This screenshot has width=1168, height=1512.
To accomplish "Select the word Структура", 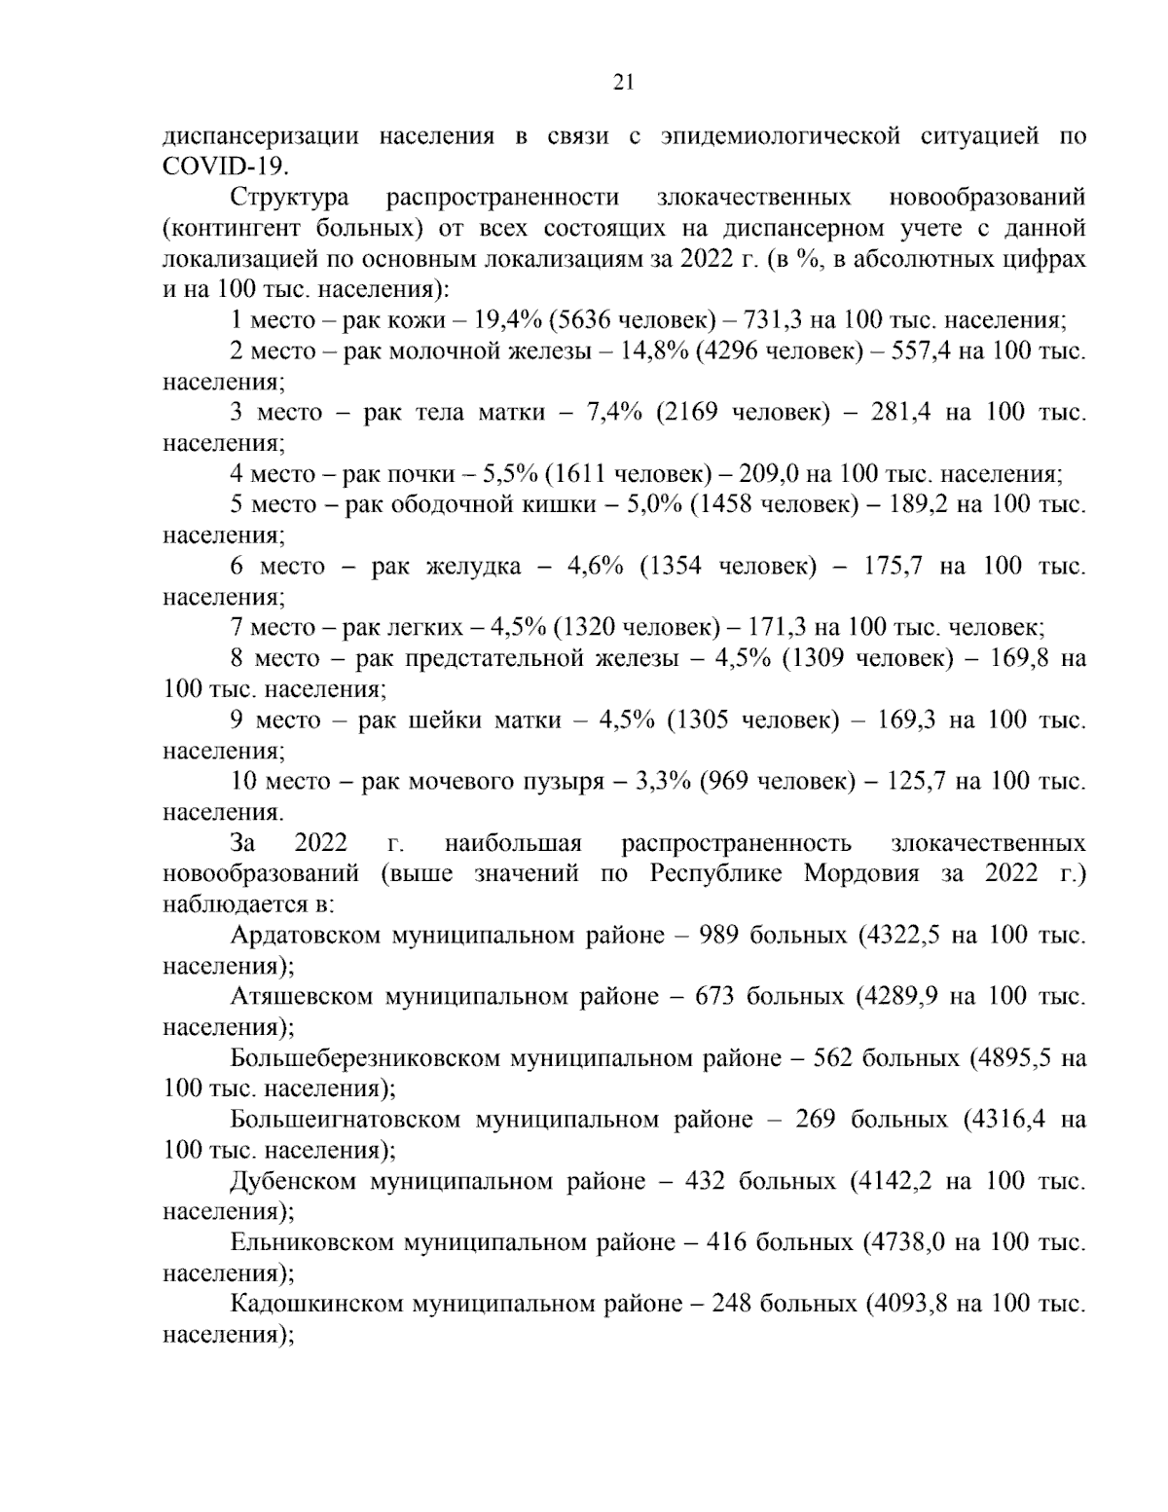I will click(290, 198).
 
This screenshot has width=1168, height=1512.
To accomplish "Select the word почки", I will click(421, 474).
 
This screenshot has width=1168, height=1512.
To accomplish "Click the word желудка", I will click(474, 567).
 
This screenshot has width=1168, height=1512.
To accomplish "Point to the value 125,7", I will click(922, 782).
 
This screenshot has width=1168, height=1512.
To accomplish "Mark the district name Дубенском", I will click(292, 1181).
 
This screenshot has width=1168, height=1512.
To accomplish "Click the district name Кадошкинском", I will click(316, 1304).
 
